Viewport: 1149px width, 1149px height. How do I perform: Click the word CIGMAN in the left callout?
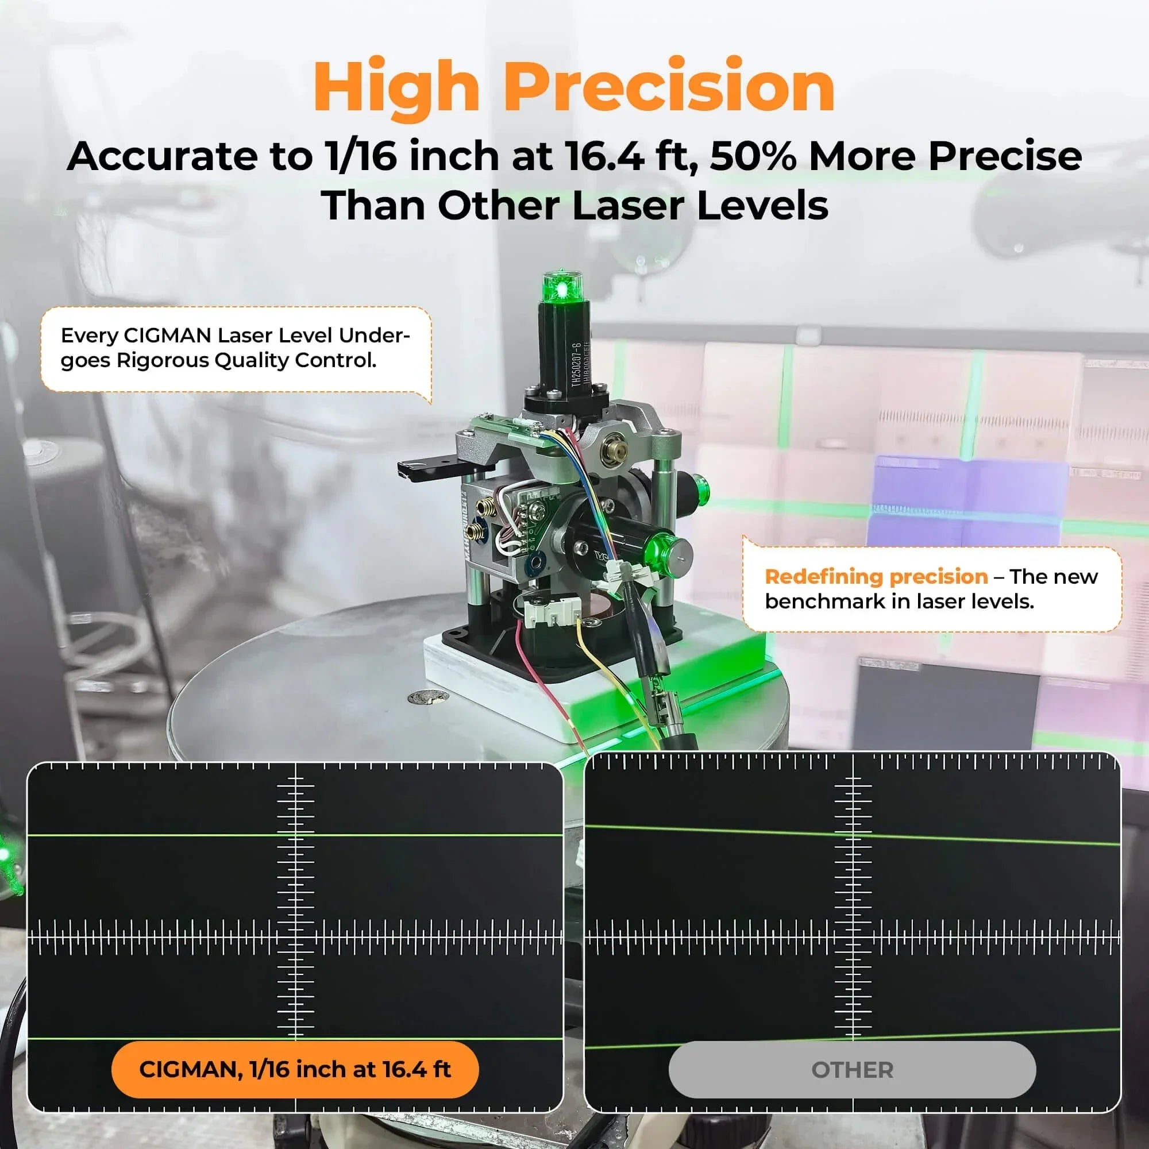(167, 336)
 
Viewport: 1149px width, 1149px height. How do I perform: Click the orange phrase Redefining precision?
(876, 576)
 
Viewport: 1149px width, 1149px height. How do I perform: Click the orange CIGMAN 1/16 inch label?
(295, 1069)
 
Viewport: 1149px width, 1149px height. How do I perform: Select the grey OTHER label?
(851, 1070)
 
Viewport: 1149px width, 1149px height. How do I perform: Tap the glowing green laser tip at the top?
(561, 288)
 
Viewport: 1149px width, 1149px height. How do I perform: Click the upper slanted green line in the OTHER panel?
(851, 834)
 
